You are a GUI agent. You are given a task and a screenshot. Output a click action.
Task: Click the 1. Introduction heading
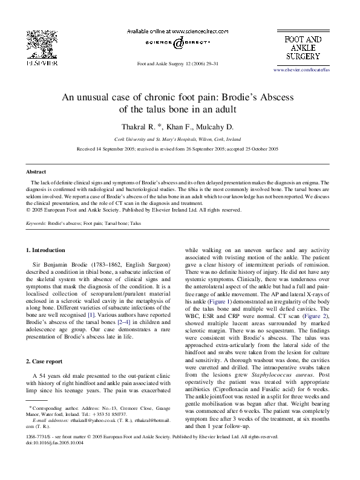pos(46,250)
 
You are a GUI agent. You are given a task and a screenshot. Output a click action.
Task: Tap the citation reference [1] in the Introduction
pos(92,314)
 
